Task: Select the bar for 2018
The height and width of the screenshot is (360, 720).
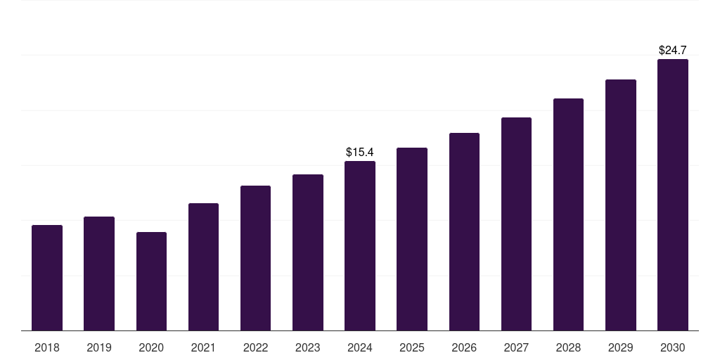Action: coord(47,278)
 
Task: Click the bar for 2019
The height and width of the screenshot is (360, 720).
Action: coord(99,274)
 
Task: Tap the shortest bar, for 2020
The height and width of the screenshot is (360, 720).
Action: coord(151,281)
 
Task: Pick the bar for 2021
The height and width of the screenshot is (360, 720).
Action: coord(203,267)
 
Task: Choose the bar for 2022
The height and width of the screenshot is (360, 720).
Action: coord(255,258)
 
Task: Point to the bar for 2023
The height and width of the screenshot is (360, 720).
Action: coord(308,252)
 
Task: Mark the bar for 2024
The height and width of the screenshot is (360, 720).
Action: coord(360,246)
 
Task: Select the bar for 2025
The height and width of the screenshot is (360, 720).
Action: coord(412,239)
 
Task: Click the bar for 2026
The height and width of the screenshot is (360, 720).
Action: coord(464,232)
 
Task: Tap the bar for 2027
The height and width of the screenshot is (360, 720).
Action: coord(516,224)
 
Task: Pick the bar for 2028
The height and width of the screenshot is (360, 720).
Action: coord(568,214)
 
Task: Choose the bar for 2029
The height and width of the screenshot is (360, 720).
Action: coord(621,205)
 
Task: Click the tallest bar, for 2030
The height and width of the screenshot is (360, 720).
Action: coord(673,195)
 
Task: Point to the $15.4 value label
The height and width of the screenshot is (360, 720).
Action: coord(360,152)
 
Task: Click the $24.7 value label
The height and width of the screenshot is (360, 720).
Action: coord(673,50)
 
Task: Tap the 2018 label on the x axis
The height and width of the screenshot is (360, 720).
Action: coord(47,347)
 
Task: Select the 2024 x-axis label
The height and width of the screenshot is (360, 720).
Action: coord(360,347)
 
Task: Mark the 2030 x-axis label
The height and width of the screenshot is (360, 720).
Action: coord(673,347)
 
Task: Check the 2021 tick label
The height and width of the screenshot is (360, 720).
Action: coord(203,347)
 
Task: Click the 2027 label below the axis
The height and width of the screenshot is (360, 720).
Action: coord(516,347)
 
